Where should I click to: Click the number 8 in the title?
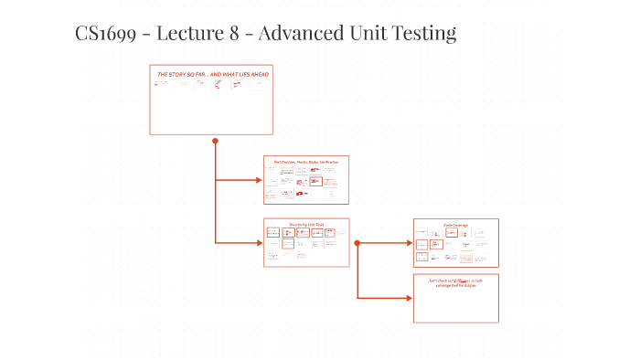(x=240, y=35)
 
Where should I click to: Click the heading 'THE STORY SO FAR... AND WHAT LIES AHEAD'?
(x=212, y=73)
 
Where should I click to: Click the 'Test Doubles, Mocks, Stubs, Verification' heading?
(x=306, y=162)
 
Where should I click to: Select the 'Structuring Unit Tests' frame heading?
(x=306, y=223)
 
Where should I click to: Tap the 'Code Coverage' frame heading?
(x=455, y=225)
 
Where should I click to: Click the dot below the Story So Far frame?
(x=215, y=141)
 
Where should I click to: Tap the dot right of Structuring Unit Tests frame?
(x=357, y=243)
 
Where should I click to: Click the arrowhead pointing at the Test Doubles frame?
(x=259, y=180)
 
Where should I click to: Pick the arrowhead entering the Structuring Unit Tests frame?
(x=259, y=242)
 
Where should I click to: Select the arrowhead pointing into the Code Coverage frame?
(x=409, y=243)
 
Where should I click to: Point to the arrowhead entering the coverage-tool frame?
(x=409, y=298)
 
